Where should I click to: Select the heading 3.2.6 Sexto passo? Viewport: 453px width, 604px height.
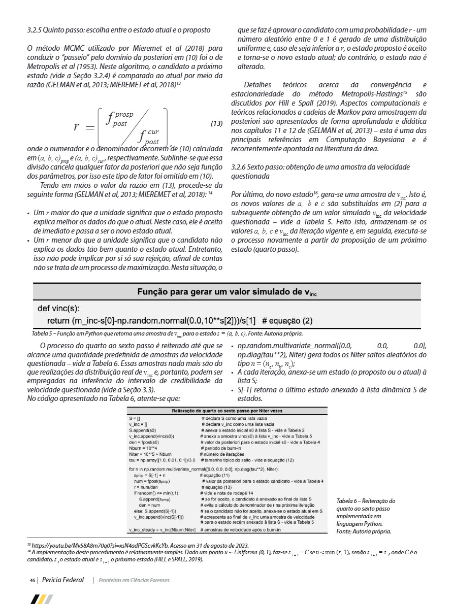[320, 171]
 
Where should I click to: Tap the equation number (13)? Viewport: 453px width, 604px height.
[217, 124]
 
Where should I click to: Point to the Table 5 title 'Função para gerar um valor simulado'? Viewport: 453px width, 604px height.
[226, 292]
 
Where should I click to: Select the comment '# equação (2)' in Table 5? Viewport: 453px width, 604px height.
[287, 321]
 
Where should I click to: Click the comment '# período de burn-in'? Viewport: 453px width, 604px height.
[223, 448]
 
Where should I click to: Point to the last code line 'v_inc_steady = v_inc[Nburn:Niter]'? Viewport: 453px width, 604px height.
[163, 530]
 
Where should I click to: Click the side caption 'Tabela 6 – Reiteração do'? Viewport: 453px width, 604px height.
[365, 501]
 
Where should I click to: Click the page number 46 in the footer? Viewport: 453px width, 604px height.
[32, 580]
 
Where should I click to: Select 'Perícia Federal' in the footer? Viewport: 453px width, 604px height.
[63, 580]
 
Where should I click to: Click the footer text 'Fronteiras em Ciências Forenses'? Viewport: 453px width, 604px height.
[134, 580]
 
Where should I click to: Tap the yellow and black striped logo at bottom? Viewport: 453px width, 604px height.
[42, 599]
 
